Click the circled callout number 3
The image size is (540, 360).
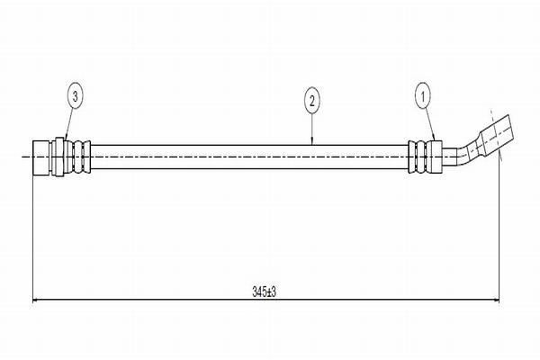[x=76, y=97]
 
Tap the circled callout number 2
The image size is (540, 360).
[x=312, y=102]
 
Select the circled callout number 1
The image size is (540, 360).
[x=423, y=97]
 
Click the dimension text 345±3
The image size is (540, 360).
[x=264, y=292]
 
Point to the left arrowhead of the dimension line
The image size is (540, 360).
[x=35, y=301]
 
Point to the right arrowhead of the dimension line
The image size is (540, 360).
[x=497, y=301]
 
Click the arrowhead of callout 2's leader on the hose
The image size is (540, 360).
[x=312, y=142]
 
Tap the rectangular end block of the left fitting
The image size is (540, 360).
[x=41, y=157]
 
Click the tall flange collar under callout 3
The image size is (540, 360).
[x=59, y=157]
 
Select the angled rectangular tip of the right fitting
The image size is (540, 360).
[x=497, y=133]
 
